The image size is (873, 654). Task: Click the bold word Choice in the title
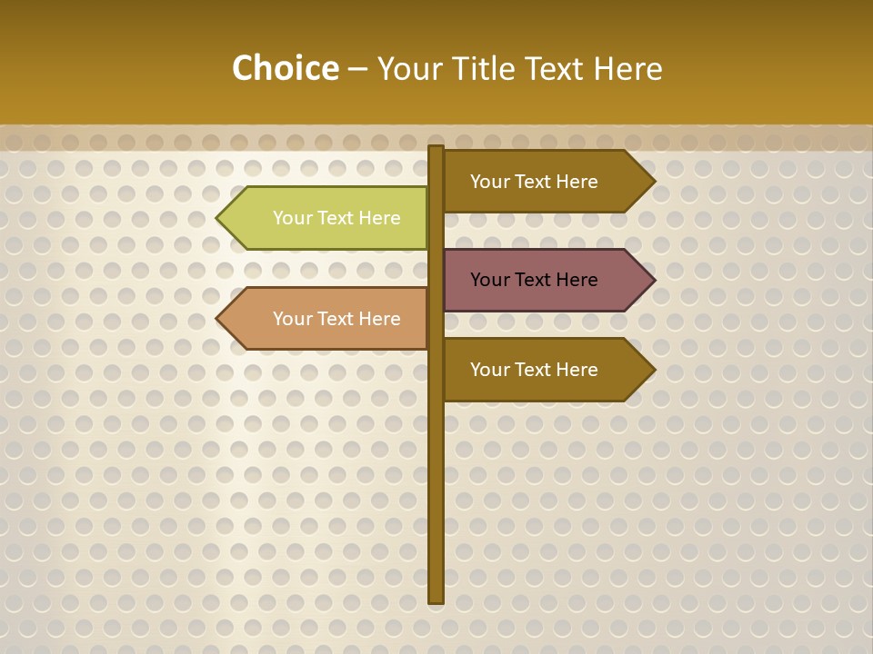point(285,68)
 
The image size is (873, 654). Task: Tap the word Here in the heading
point(628,69)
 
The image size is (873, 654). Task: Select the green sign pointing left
point(327,218)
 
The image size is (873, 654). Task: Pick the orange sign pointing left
point(327,319)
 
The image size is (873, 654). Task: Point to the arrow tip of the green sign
point(220,218)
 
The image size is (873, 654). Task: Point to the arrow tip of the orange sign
point(220,319)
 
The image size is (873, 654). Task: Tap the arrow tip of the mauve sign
point(652,280)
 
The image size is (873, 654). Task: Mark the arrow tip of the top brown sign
point(652,182)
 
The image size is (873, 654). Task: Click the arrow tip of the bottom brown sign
point(652,370)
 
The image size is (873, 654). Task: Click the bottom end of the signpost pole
point(436,599)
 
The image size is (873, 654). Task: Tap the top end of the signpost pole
point(436,149)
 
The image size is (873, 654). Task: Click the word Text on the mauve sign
point(534,280)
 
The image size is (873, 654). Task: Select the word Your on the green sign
point(292,218)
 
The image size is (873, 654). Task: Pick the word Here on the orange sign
point(378,319)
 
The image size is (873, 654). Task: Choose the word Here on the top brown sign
point(576,182)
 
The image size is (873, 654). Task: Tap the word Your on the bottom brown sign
point(489,370)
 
